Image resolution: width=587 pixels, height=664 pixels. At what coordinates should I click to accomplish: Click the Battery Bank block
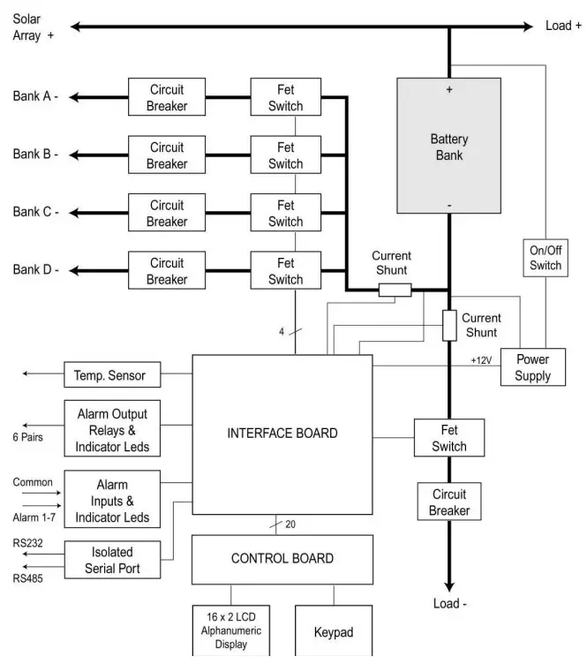pos(449,147)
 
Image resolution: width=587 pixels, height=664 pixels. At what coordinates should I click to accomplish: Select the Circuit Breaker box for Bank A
pos(167,97)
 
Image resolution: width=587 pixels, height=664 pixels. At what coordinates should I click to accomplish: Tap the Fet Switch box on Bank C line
pos(285,213)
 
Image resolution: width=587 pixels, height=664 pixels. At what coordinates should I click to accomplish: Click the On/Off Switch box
pos(545,257)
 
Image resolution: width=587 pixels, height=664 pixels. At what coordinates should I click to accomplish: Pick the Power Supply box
pos(533,367)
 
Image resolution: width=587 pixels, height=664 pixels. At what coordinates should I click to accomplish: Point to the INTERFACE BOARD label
pos(282,433)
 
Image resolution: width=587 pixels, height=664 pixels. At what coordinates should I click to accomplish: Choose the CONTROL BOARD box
pos(282,558)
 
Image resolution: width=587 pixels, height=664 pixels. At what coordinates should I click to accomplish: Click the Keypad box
pos(334,631)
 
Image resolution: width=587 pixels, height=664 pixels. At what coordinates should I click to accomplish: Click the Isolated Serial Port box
pos(112,560)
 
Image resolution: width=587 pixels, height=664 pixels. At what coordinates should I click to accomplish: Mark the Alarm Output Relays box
pos(112,431)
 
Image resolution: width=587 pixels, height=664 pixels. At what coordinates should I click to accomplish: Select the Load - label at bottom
pos(450,603)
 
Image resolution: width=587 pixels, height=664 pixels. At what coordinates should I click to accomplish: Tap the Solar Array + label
pos(34,26)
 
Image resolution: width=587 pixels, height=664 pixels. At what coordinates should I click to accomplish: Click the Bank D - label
pos(35,269)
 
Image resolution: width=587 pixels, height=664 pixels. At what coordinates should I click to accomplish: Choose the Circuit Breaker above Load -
pos(449,502)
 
